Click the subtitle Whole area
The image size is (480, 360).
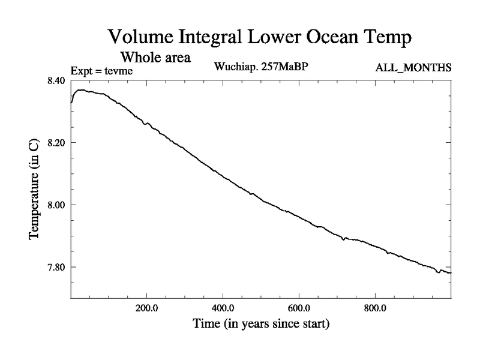[x=155, y=58]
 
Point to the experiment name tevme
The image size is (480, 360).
[x=119, y=71]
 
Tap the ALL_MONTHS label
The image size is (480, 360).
[x=413, y=67]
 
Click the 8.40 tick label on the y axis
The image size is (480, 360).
[x=55, y=80]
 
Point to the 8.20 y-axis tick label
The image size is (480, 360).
[x=55, y=143]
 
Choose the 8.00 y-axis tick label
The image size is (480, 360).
[x=55, y=205]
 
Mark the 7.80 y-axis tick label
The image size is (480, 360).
[x=55, y=268]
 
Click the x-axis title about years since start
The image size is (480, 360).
[x=261, y=325]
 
